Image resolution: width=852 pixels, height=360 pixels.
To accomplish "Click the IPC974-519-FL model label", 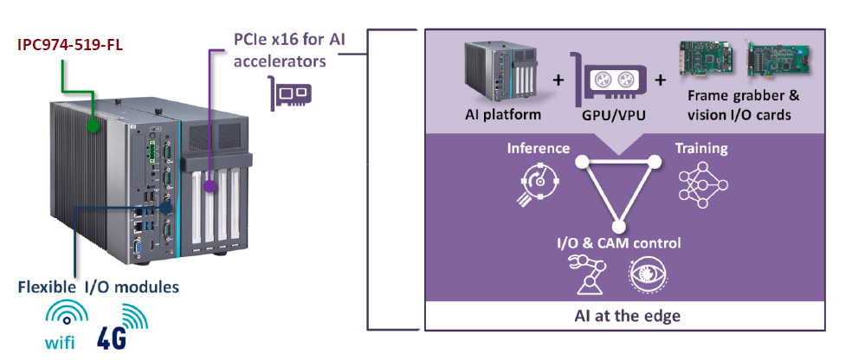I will click(70, 45).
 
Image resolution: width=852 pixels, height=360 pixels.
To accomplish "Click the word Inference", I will click(539, 148).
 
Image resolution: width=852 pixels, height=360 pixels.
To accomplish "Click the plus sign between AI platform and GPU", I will click(558, 80).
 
